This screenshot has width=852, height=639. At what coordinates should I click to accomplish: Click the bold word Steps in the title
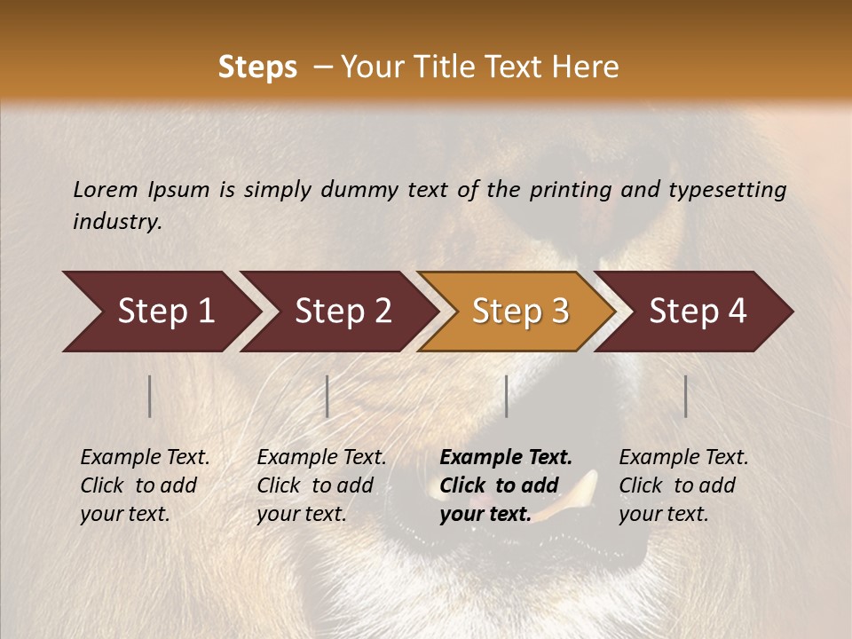click(257, 67)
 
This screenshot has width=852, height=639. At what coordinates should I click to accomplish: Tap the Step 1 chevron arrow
click(160, 312)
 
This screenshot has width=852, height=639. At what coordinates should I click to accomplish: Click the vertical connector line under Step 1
click(150, 396)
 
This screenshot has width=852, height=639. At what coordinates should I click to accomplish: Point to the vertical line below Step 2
click(327, 396)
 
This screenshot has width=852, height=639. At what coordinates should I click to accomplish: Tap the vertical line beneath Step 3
click(507, 396)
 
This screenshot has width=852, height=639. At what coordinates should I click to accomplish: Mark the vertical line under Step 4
click(686, 396)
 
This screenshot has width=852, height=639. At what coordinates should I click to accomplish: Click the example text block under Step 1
click(145, 485)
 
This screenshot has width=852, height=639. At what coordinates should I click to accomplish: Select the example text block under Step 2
click(321, 485)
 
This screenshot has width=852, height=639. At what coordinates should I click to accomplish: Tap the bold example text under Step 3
click(506, 485)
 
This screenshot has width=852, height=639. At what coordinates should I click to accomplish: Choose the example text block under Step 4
click(683, 485)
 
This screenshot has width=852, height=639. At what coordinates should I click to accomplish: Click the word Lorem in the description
click(105, 189)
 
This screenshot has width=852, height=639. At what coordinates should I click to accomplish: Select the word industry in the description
click(116, 222)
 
